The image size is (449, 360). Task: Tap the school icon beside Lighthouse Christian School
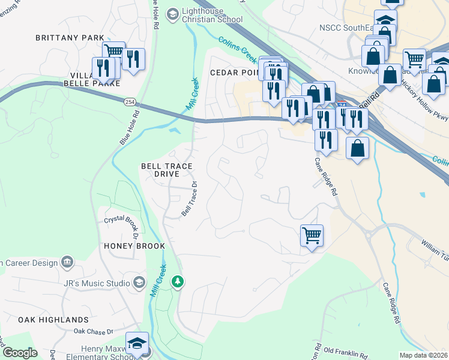(172, 13)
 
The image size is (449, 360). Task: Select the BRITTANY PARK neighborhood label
(70, 37)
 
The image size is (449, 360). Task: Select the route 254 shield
(130, 103)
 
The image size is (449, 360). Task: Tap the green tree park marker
(177, 281)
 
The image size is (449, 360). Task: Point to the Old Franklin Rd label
(345, 352)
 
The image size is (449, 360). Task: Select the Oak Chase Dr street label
(93, 331)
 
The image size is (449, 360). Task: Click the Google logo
(20, 353)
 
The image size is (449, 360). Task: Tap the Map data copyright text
(423, 355)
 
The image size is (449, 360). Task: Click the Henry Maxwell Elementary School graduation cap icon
(137, 343)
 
